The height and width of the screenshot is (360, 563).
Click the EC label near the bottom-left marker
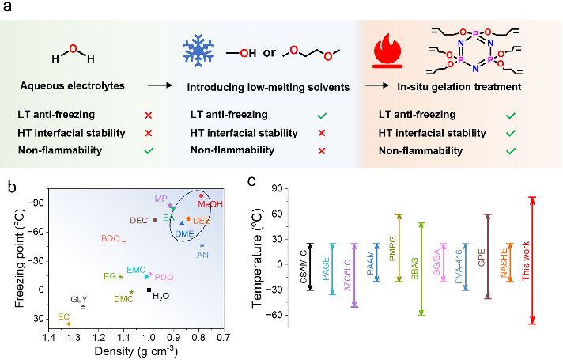point(62,316)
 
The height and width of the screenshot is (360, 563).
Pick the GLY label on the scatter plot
point(79,299)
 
